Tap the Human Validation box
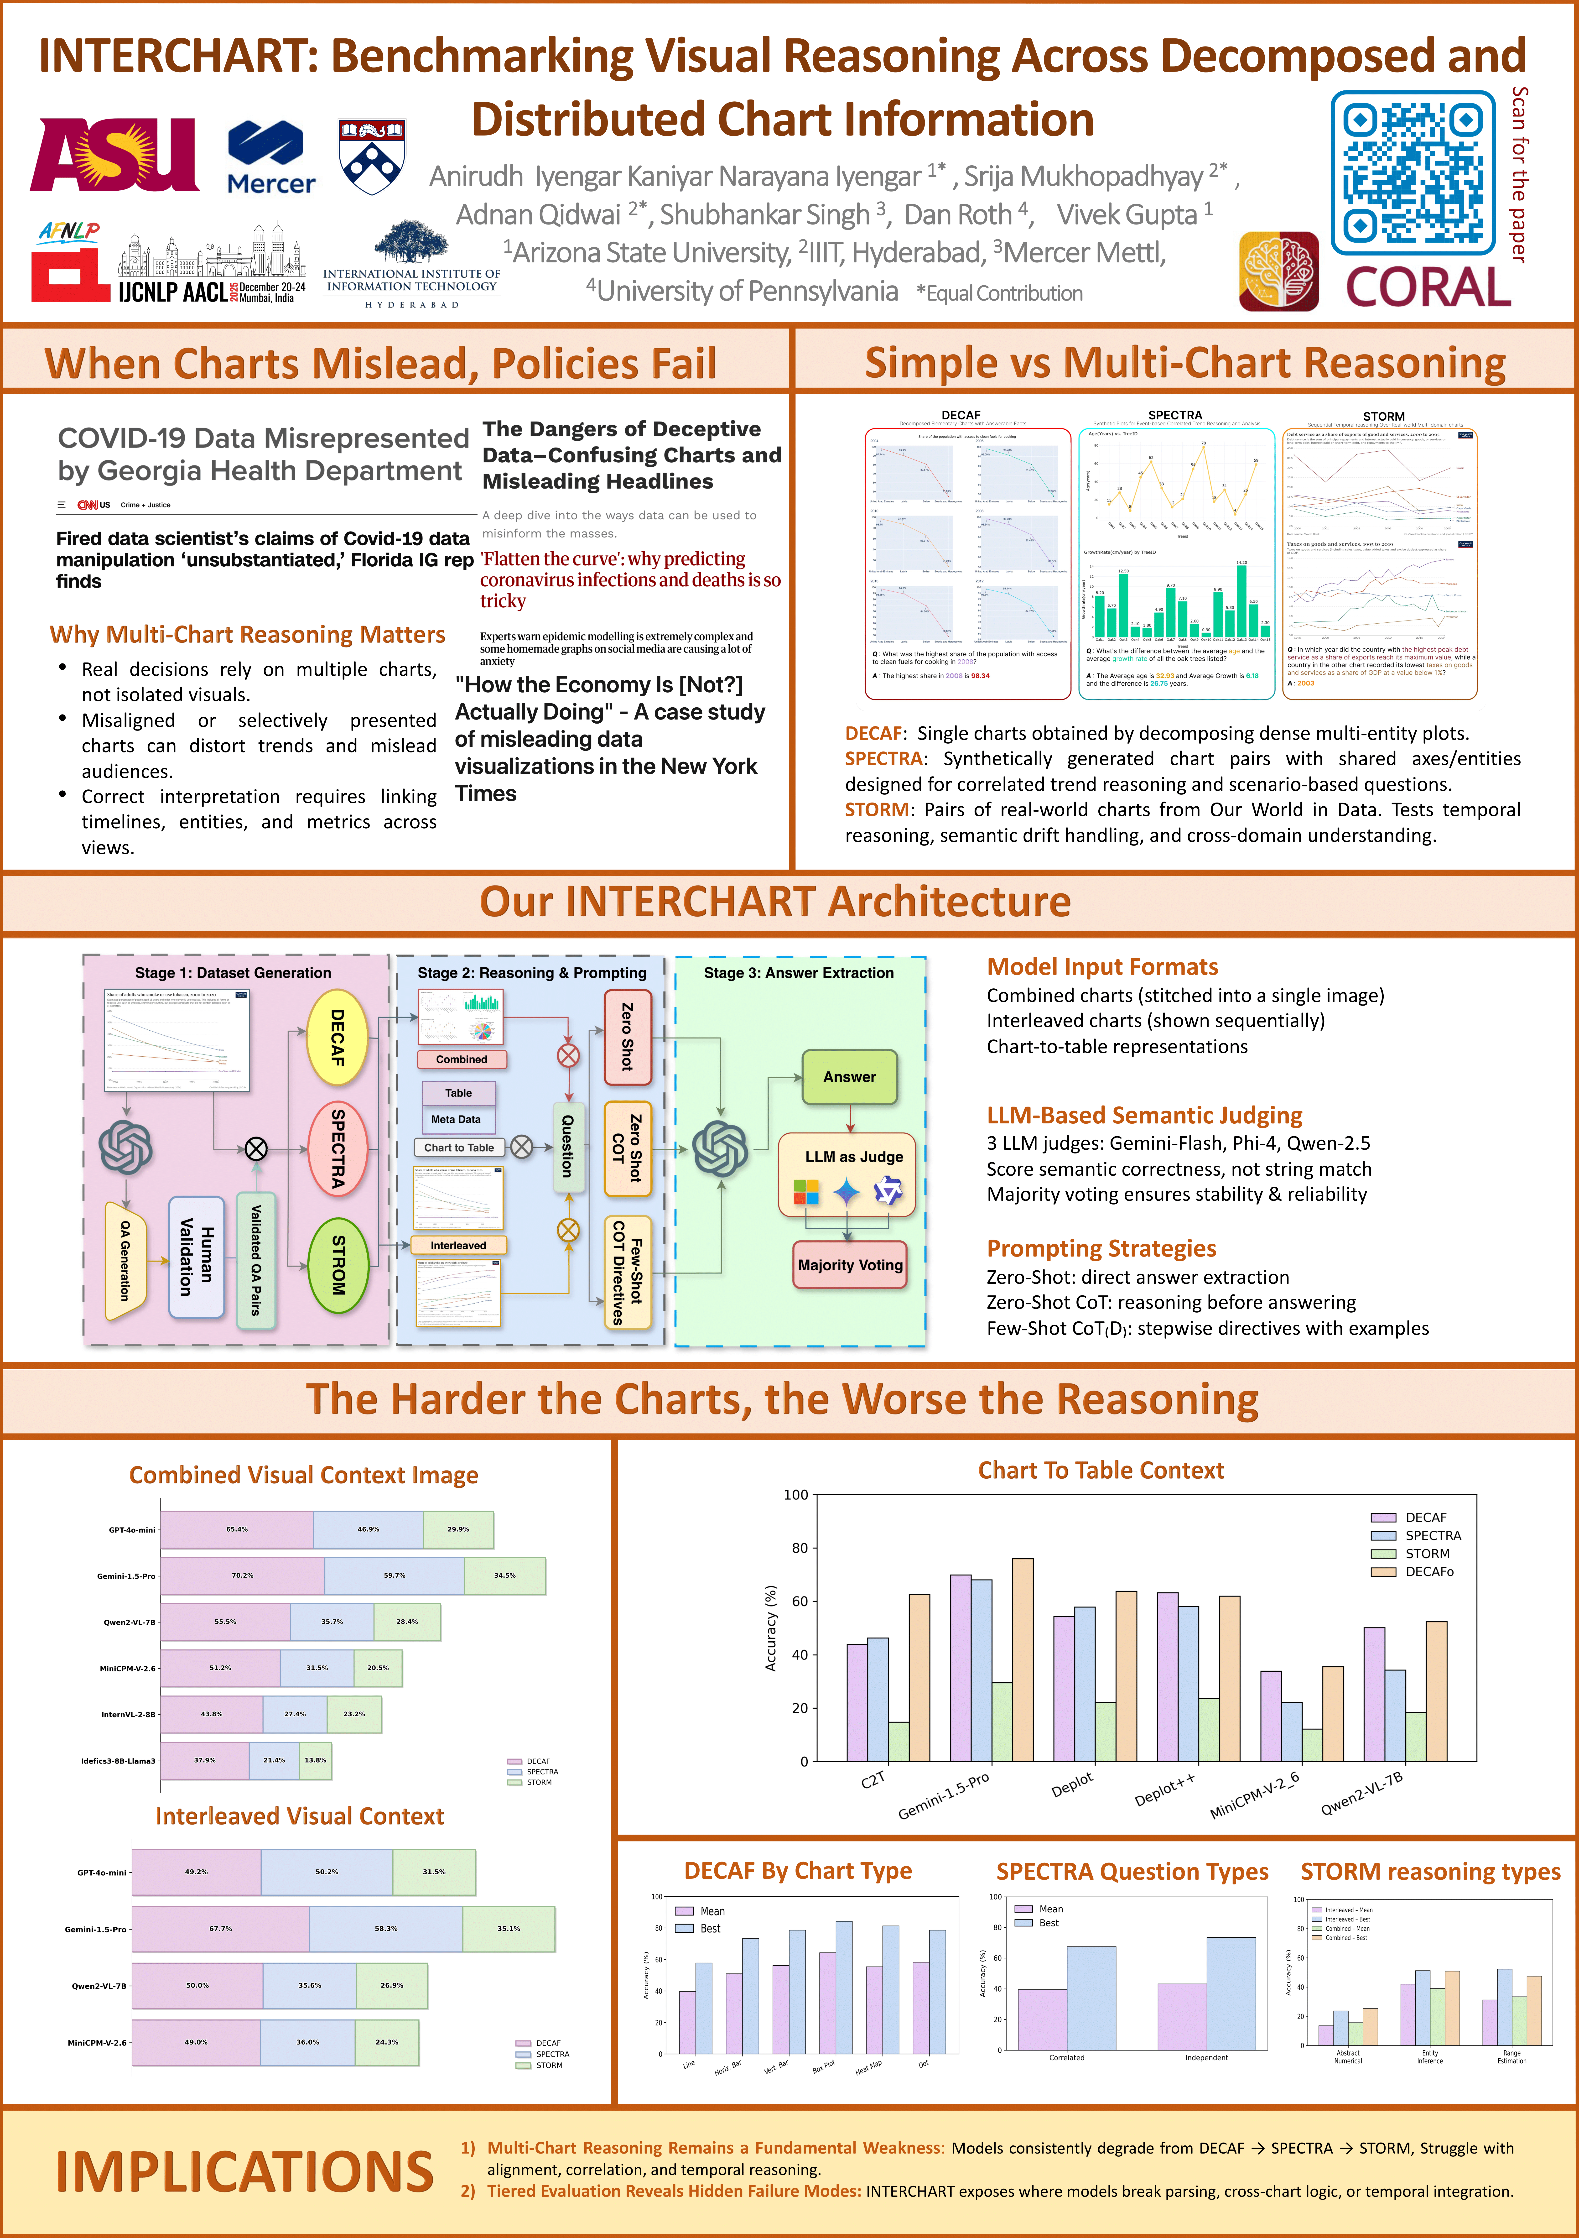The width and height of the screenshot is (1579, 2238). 196,1257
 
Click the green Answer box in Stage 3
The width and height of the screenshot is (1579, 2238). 849,1077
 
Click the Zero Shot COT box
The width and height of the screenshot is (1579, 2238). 627,1148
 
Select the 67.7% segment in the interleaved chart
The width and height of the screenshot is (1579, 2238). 220,1929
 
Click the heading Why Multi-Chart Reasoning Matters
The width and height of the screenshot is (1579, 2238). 248,635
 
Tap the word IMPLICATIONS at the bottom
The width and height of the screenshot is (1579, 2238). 244,2172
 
